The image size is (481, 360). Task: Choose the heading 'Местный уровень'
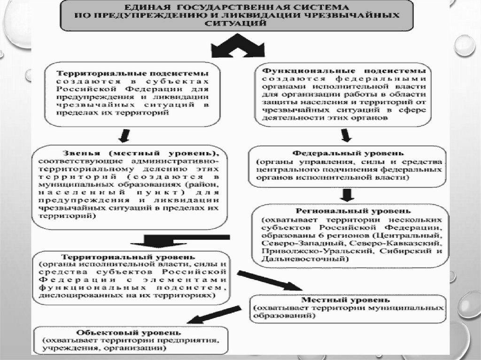point(348,299)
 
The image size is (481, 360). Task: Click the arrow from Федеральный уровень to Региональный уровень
point(347,194)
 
